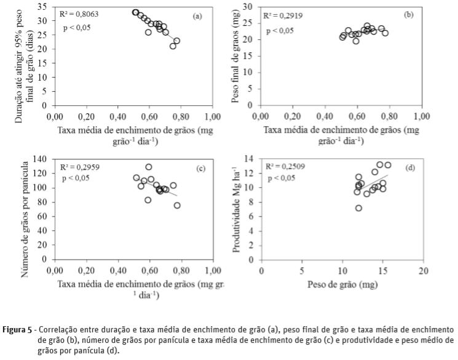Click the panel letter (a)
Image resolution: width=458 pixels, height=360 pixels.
pyautogui.click(x=197, y=17)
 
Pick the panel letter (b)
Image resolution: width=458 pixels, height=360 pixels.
pyautogui.click(x=409, y=14)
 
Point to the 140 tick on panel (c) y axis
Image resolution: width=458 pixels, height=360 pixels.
pyautogui.click(x=41, y=159)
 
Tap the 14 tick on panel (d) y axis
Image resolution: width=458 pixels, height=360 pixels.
pyautogui.click(x=250, y=158)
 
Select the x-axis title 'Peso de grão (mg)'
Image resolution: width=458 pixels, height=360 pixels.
pyautogui.click(x=342, y=286)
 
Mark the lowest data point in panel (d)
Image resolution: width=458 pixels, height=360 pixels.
pyautogui.click(x=358, y=208)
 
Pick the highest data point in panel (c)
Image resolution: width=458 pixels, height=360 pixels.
pyautogui.click(x=148, y=167)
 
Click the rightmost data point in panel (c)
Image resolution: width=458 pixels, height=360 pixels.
pyautogui.click(x=177, y=206)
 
